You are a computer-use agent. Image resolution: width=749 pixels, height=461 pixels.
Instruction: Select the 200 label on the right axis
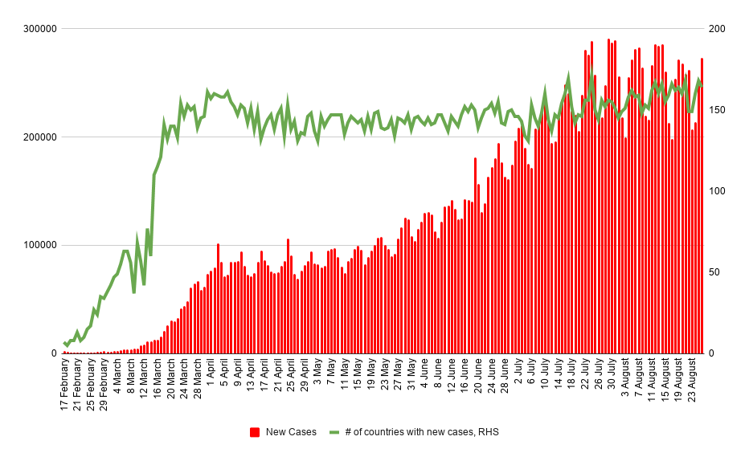717,29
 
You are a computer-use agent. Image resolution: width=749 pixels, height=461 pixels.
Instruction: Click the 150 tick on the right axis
717,110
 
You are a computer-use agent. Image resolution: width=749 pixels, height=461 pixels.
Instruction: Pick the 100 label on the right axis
717,191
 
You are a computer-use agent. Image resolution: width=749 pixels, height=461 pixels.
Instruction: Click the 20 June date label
477,379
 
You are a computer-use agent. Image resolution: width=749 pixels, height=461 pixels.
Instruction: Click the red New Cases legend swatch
255,432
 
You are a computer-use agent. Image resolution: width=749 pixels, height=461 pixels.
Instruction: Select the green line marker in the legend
334,432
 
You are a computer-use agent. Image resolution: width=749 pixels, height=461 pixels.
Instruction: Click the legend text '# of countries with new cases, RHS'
422,432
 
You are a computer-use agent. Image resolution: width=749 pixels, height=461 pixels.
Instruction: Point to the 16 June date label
464,379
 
